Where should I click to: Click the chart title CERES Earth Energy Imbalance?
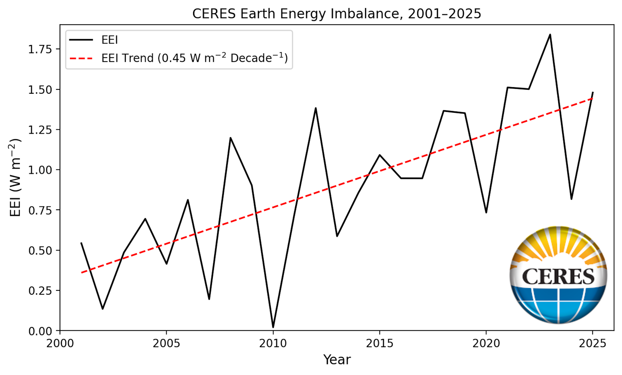coord(337,14)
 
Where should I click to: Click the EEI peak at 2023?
coord(550,35)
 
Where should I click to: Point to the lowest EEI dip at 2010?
coord(273,327)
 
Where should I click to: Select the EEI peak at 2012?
coord(316,108)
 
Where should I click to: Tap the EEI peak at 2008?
coord(230,138)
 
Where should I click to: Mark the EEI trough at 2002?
coord(103,309)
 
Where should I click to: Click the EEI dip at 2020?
coord(486,212)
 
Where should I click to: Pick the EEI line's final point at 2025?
coord(593,93)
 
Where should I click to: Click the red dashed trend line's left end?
coord(82,273)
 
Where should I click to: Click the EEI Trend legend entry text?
coord(194,58)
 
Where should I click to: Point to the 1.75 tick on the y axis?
coord(40,49)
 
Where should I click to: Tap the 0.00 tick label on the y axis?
coord(40,331)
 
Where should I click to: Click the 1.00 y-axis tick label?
coord(40,170)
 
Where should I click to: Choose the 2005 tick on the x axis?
coord(167,343)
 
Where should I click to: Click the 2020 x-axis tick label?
coord(486,343)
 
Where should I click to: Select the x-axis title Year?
coord(337,360)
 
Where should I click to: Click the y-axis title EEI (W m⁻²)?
coord(15,178)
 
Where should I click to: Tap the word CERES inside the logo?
coord(558,276)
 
